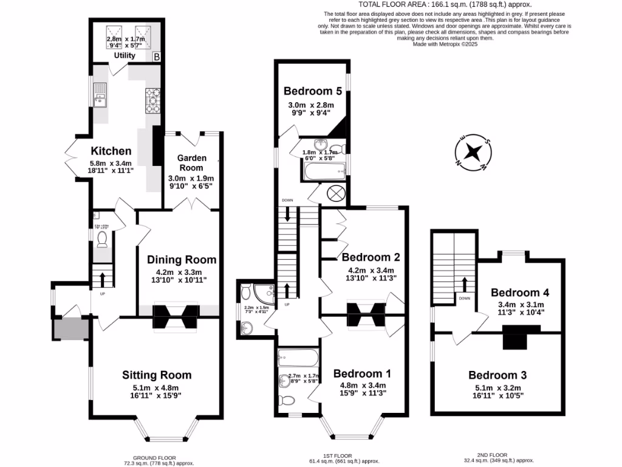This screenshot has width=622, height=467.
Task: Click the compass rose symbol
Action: tap(473, 151)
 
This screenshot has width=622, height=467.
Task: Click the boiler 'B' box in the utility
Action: tap(156, 57)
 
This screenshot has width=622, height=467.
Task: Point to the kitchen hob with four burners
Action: tap(151, 102)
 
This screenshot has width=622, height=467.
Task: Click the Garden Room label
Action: tap(192, 162)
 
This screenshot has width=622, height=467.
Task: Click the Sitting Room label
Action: tap(157, 375)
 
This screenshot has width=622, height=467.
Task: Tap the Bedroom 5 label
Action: tap(313, 91)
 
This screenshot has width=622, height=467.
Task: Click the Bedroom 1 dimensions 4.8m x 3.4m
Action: tap(363, 386)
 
